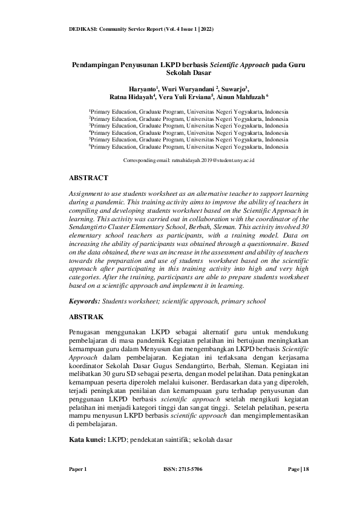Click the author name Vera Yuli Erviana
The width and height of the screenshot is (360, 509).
185,97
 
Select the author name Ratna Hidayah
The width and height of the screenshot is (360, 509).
131,97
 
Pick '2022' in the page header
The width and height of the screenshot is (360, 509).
203,29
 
